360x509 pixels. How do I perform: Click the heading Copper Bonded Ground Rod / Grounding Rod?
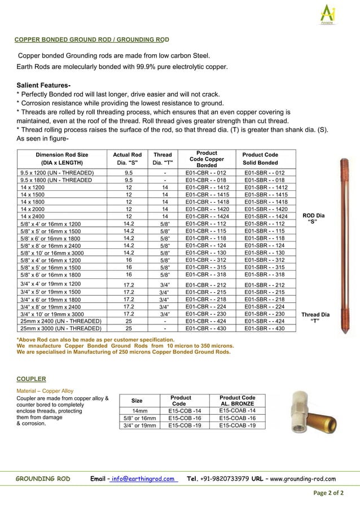91,40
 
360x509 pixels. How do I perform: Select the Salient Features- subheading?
43,85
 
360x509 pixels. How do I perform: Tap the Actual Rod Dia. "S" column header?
127,159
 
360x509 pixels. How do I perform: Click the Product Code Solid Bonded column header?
260,159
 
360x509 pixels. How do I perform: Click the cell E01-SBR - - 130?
264,252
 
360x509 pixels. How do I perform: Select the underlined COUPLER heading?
31,379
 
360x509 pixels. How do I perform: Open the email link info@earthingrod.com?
143,479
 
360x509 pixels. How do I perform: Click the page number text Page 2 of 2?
328,493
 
